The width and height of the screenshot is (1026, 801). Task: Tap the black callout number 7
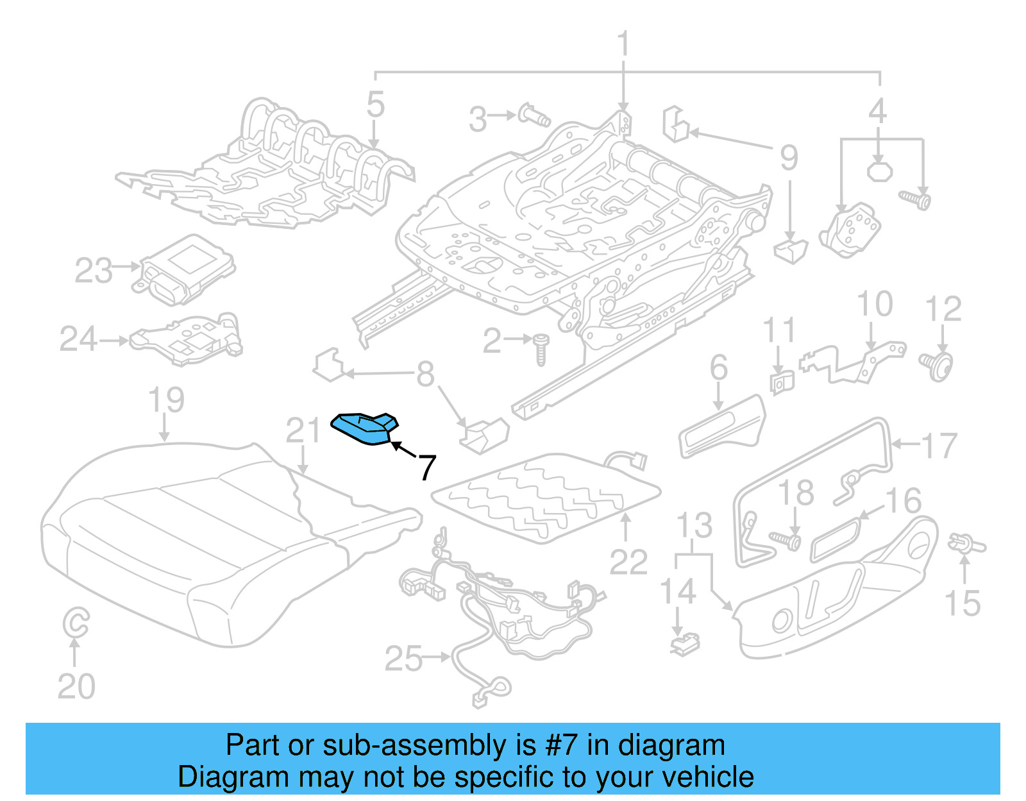[x=427, y=467]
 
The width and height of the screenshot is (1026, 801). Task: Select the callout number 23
[x=94, y=271]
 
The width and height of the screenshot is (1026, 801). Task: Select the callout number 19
[x=166, y=400]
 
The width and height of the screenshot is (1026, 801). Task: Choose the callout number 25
[x=403, y=659]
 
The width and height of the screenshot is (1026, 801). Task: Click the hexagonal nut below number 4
[x=879, y=171]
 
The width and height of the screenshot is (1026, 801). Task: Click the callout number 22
[x=628, y=562]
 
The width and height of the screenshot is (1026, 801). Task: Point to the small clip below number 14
[x=685, y=643]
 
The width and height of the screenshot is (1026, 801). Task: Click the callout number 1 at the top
[x=623, y=45]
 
